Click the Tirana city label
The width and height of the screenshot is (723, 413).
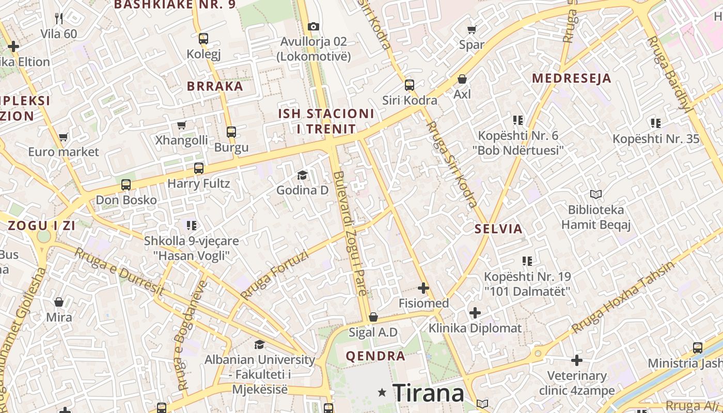coord(429,393)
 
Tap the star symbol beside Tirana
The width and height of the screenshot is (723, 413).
coord(382,393)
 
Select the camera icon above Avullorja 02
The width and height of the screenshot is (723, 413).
coord(313,26)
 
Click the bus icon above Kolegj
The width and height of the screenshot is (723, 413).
coord(203,38)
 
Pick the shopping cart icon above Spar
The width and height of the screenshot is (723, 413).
coord(471,29)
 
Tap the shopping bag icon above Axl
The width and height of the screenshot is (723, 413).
coord(462,79)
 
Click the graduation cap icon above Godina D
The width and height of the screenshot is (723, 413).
coord(302,176)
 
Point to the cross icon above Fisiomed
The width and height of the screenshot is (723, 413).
coord(423,288)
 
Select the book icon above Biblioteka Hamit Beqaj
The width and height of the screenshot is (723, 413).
coord(596,195)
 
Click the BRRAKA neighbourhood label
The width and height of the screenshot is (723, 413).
coord(215,86)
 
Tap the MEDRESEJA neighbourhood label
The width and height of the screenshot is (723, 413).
coord(571,78)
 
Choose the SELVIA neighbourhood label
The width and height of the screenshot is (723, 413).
coord(498,229)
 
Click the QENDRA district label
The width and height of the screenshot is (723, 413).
coord(375,356)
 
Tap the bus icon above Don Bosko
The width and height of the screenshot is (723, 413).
coord(126,185)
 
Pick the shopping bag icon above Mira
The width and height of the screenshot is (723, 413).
coord(59,301)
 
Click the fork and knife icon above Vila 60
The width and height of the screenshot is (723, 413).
coord(59,19)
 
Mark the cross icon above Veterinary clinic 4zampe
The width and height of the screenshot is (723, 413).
coord(577,360)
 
